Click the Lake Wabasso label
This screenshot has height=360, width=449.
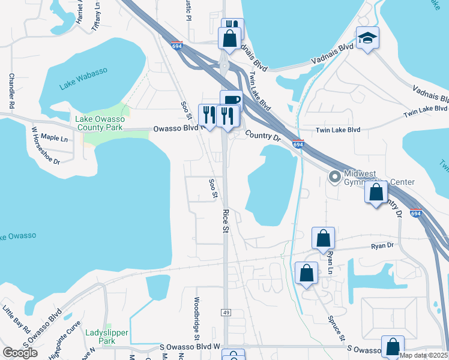83,79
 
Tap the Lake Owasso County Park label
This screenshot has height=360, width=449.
99,123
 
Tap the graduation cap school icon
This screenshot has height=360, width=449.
365,39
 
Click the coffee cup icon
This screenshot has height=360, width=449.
231,100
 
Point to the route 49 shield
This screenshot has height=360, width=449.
226,313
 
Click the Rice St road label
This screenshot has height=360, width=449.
226,221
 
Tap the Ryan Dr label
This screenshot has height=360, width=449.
382,246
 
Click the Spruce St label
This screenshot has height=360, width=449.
336,329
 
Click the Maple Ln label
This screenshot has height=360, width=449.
55,139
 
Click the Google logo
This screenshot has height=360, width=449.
20,352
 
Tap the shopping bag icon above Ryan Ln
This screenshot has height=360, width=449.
323,238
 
